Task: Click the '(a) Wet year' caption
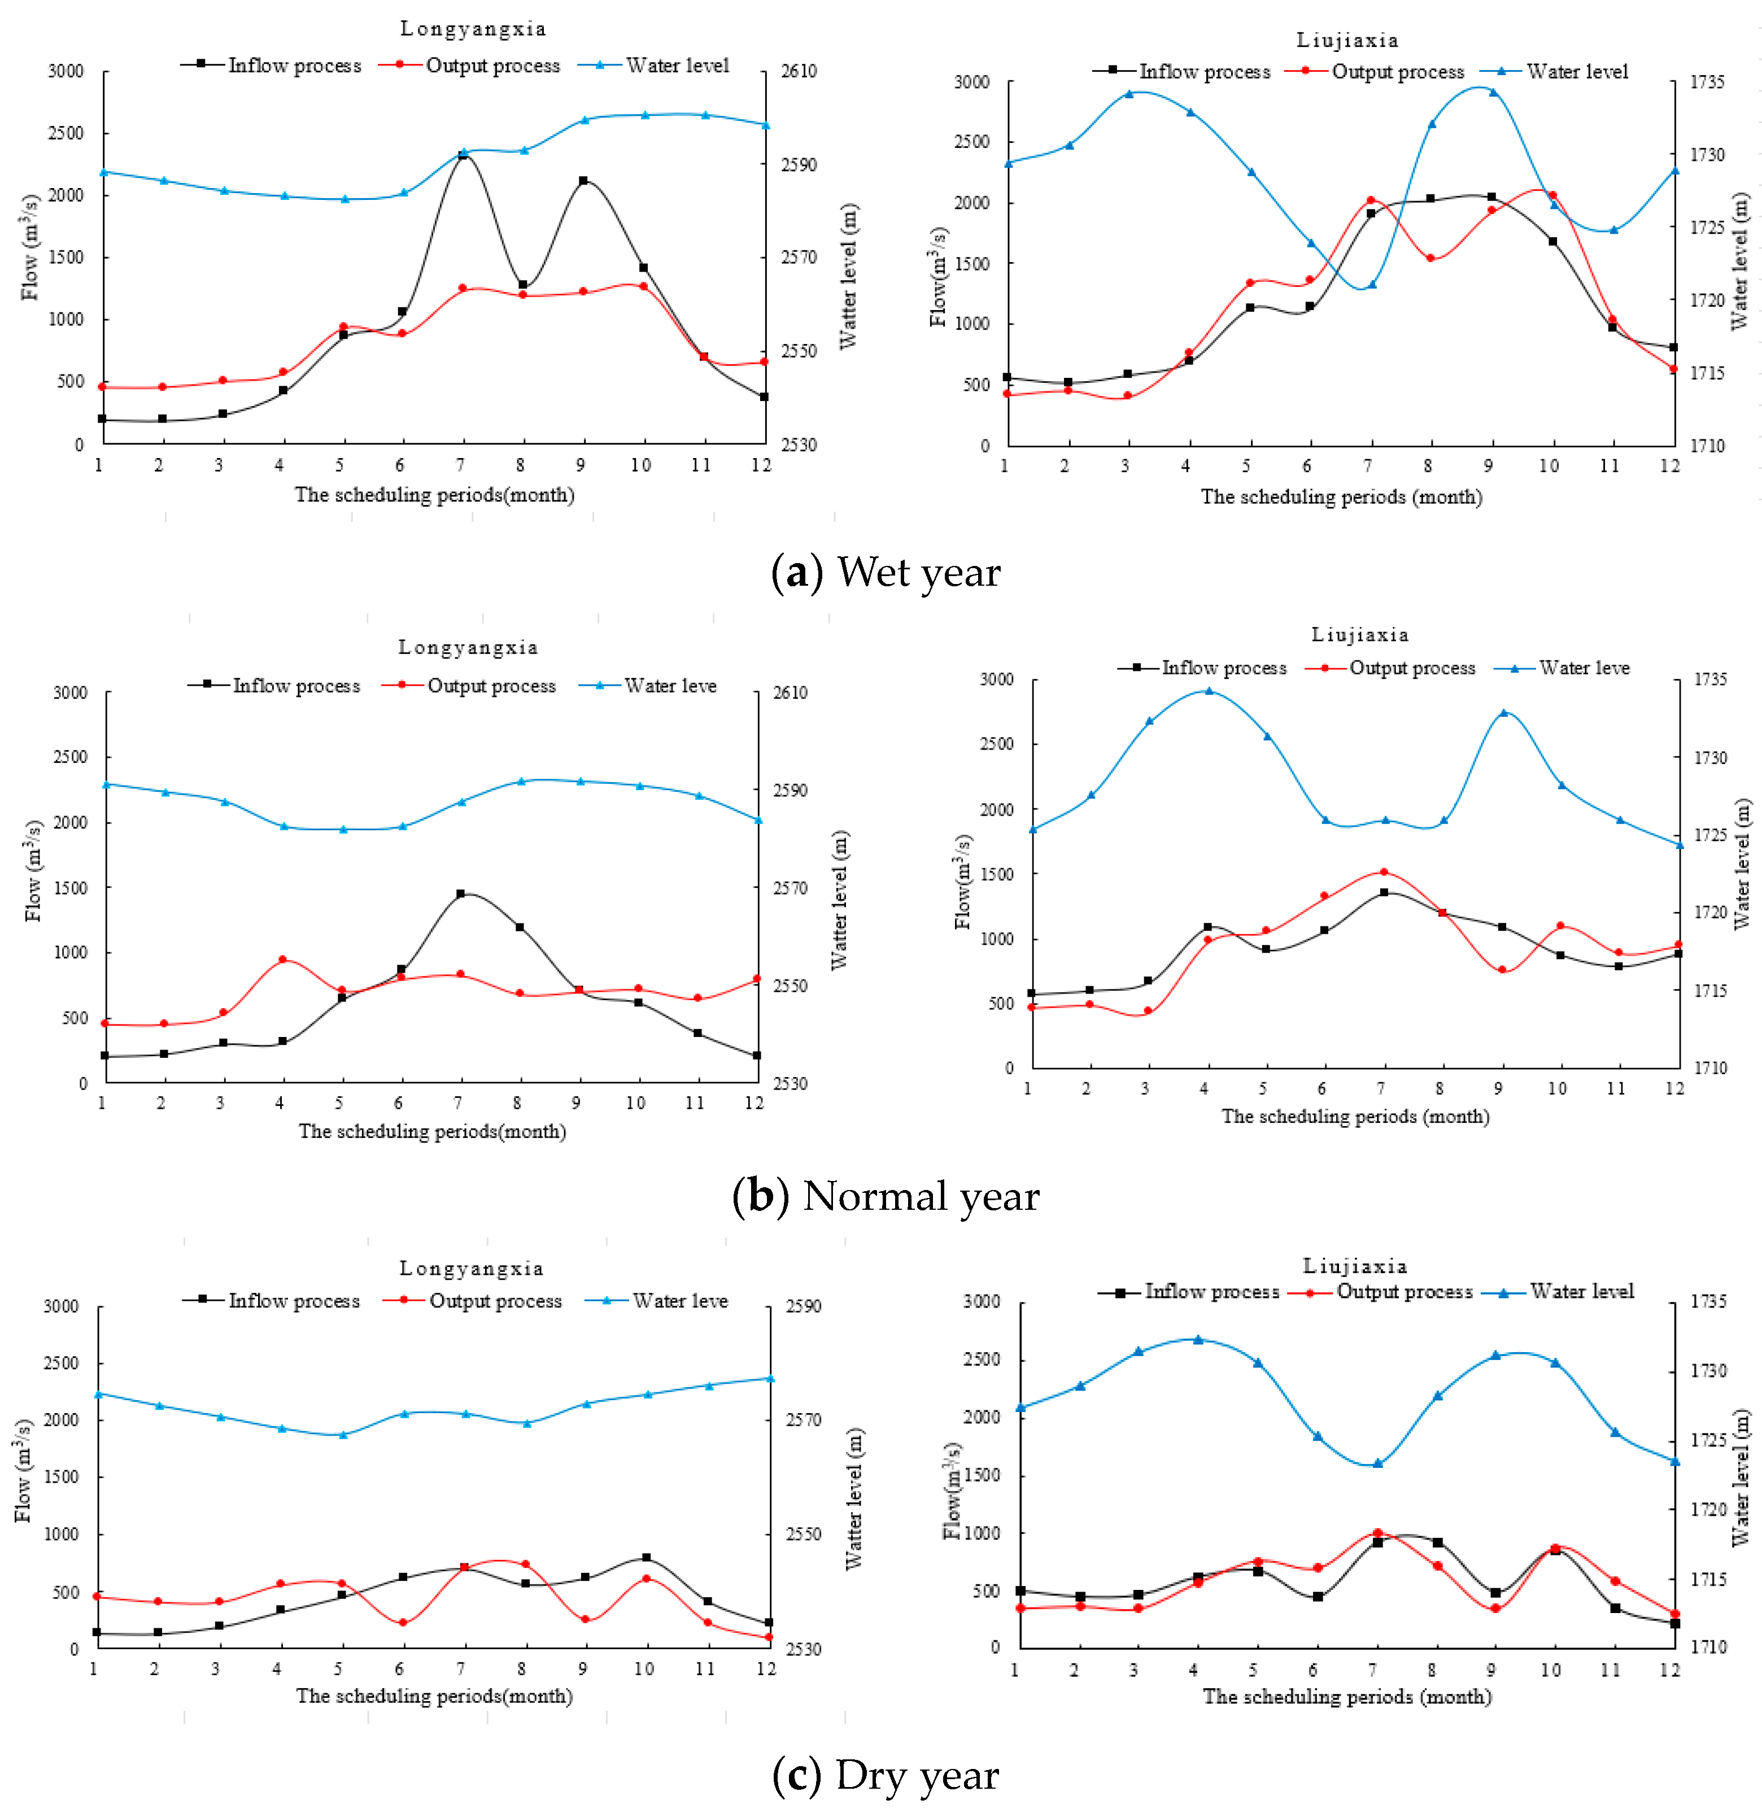[886, 573]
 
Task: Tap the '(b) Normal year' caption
[886, 1196]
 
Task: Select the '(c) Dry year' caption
[886, 1775]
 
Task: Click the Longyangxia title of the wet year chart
[473, 29]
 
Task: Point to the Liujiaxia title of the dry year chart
[1355, 1266]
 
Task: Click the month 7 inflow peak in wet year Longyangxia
[463, 155]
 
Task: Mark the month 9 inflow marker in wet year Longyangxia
[583, 181]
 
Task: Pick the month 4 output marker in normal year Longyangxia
[283, 960]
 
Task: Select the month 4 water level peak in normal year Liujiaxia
[1207, 690]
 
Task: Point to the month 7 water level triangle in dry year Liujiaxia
[1377, 1463]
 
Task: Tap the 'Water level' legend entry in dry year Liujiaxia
[1560, 1292]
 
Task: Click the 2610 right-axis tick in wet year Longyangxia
[799, 71]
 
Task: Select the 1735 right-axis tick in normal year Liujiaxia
[1710, 679]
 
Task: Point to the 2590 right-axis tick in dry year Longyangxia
[803, 1306]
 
